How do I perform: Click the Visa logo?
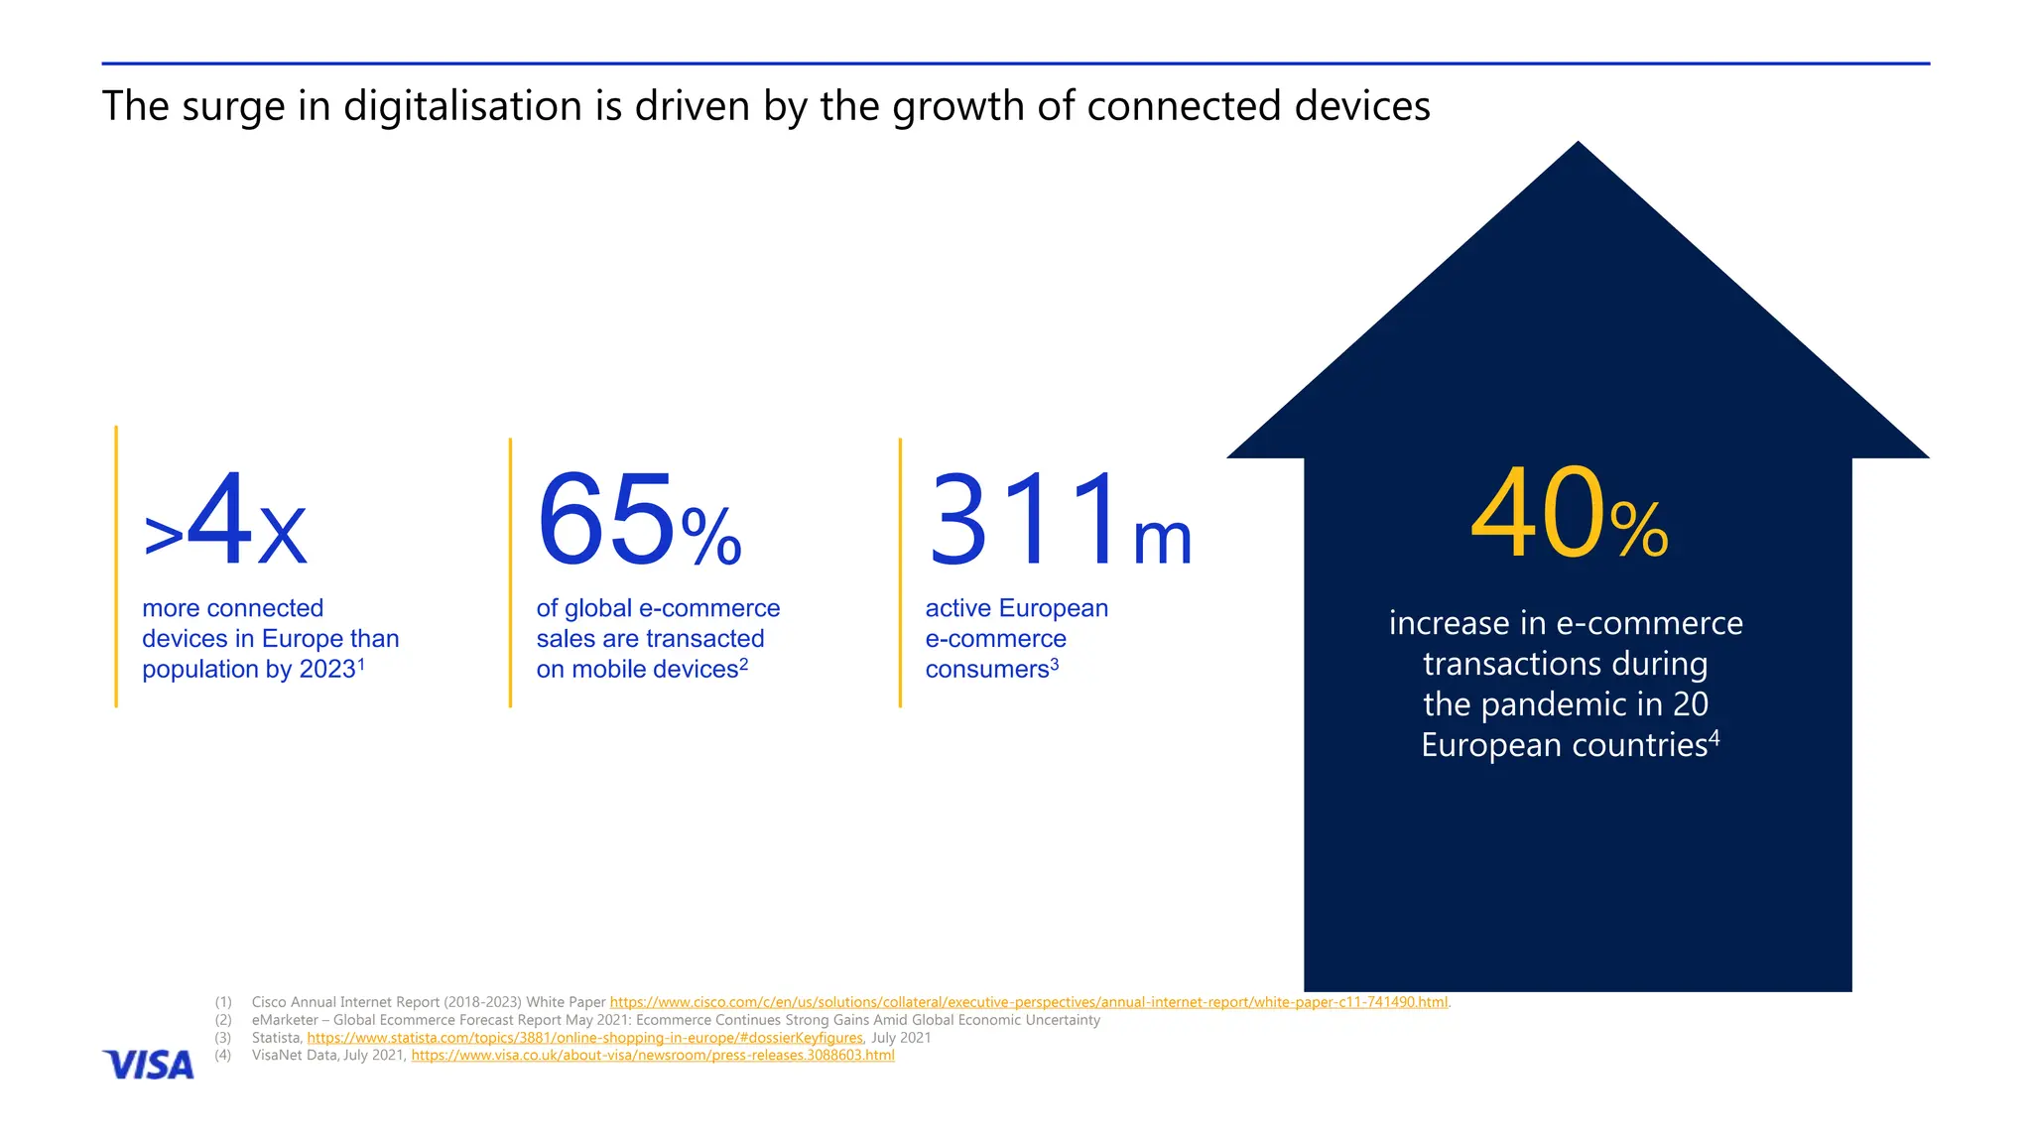point(148,1065)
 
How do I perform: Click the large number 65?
point(605,520)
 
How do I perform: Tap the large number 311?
point(1025,520)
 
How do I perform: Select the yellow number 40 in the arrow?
point(1536,514)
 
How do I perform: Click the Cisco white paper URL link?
point(1028,1002)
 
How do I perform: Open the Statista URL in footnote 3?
point(584,1038)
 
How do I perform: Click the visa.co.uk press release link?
point(653,1056)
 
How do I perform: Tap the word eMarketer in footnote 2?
point(285,1020)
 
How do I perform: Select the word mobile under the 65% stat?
point(608,670)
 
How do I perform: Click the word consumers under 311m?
point(986,670)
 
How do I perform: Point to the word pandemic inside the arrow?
point(1571,704)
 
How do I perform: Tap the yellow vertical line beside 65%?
point(510,572)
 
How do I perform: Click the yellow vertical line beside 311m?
point(900,572)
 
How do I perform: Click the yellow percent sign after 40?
point(1639,530)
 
